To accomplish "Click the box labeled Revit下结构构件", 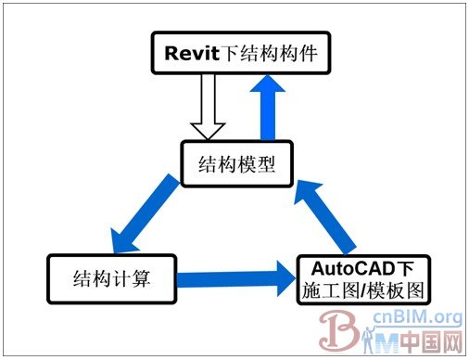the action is coord(241,53).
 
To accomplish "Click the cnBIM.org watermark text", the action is coord(417,319).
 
